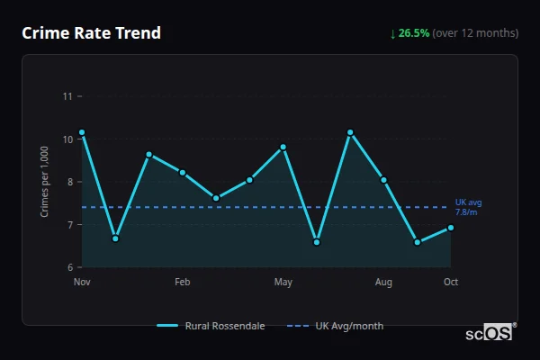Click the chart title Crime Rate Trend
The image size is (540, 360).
[92, 33]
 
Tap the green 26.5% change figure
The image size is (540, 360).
[414, 33]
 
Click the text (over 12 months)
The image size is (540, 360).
[475, 33]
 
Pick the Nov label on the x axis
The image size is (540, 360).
[82, 283]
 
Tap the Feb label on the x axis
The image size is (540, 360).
[183, 283]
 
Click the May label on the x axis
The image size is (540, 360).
[283, 283]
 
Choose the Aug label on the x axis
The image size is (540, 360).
[383, 283]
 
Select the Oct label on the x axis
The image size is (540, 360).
[451, 283]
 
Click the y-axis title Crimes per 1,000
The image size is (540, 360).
[45, 182]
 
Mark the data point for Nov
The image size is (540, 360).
[82, 132]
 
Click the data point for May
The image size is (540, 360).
[283, 147]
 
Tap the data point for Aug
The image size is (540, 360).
[383, 180]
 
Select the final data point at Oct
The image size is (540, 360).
[451, 228]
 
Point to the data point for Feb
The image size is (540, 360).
[183, 173]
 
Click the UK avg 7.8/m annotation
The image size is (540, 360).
[468, 207]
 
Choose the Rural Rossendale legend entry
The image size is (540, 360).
[211, 326]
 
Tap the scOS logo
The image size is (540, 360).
[490, 332]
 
